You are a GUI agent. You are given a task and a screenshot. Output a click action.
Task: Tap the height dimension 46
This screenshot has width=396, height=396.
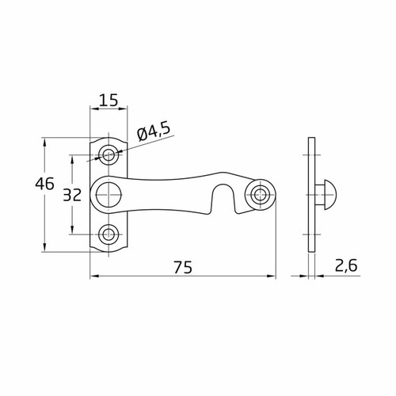coord(45,184)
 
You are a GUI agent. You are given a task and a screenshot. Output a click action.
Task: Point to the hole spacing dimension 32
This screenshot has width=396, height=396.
coord(72,195)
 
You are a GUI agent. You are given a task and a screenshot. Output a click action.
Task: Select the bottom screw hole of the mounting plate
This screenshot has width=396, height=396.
coord(109,234)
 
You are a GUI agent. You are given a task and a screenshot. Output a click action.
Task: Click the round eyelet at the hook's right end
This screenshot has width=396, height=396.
coord(261,194)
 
